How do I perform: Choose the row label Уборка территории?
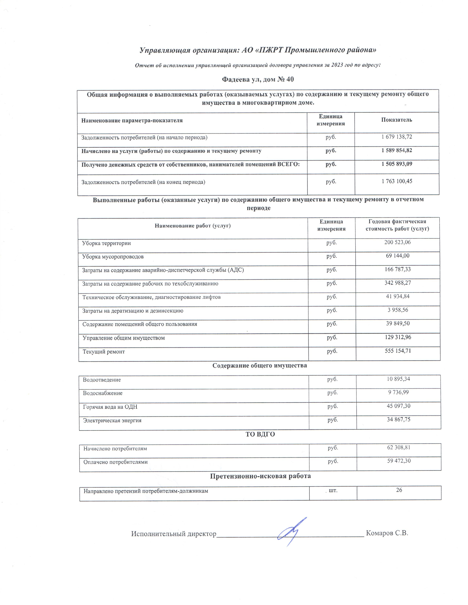point(106,243)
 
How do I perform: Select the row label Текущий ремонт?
point(104,352)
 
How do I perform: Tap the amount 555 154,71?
point(398,351)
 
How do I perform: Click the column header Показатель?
point(396,120)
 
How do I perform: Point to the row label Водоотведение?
point(102,380)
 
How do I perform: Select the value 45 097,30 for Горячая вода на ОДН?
point(398,406)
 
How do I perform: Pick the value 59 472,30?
point(399,461)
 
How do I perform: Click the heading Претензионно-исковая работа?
point(260,476)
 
